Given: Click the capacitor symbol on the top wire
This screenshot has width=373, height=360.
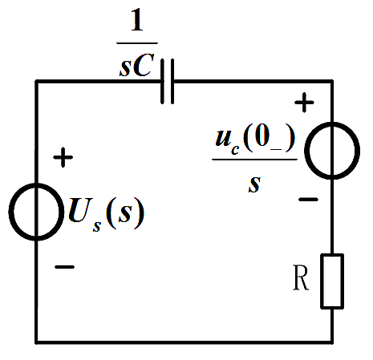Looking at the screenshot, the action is coord(168,81).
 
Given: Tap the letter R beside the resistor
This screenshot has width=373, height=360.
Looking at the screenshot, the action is coord(301,277).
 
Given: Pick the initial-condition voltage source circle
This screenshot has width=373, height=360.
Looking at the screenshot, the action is coord(305,150).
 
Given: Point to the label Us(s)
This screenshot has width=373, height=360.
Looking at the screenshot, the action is coord(106,214).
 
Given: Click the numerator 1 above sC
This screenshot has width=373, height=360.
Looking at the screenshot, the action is coord(136,19).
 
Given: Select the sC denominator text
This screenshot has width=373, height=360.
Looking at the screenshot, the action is coord(137,65).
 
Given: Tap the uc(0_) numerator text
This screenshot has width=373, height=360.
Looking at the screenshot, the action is coord(255,140).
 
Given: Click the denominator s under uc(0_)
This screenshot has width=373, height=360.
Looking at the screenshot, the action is coord(254,184).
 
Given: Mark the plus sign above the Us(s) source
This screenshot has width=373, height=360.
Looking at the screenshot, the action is coord(63,157).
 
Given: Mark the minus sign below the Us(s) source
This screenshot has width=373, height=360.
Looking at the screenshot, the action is coord(64,267).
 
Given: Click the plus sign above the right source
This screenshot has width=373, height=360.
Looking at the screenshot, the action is coord(304,103).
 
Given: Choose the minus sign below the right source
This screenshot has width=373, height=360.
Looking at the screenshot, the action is coord(308,199).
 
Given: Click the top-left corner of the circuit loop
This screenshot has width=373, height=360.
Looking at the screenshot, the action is coord(36,81).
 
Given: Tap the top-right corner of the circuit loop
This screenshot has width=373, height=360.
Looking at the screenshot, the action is coord(332,81).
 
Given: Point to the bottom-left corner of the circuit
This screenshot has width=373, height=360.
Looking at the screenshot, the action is coord(36,342).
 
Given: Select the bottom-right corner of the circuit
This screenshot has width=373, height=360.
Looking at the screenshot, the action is coord(332,342).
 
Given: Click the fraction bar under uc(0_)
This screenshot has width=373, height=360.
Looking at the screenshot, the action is coord(255,160).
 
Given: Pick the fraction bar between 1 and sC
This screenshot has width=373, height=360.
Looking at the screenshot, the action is coord(137,42).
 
